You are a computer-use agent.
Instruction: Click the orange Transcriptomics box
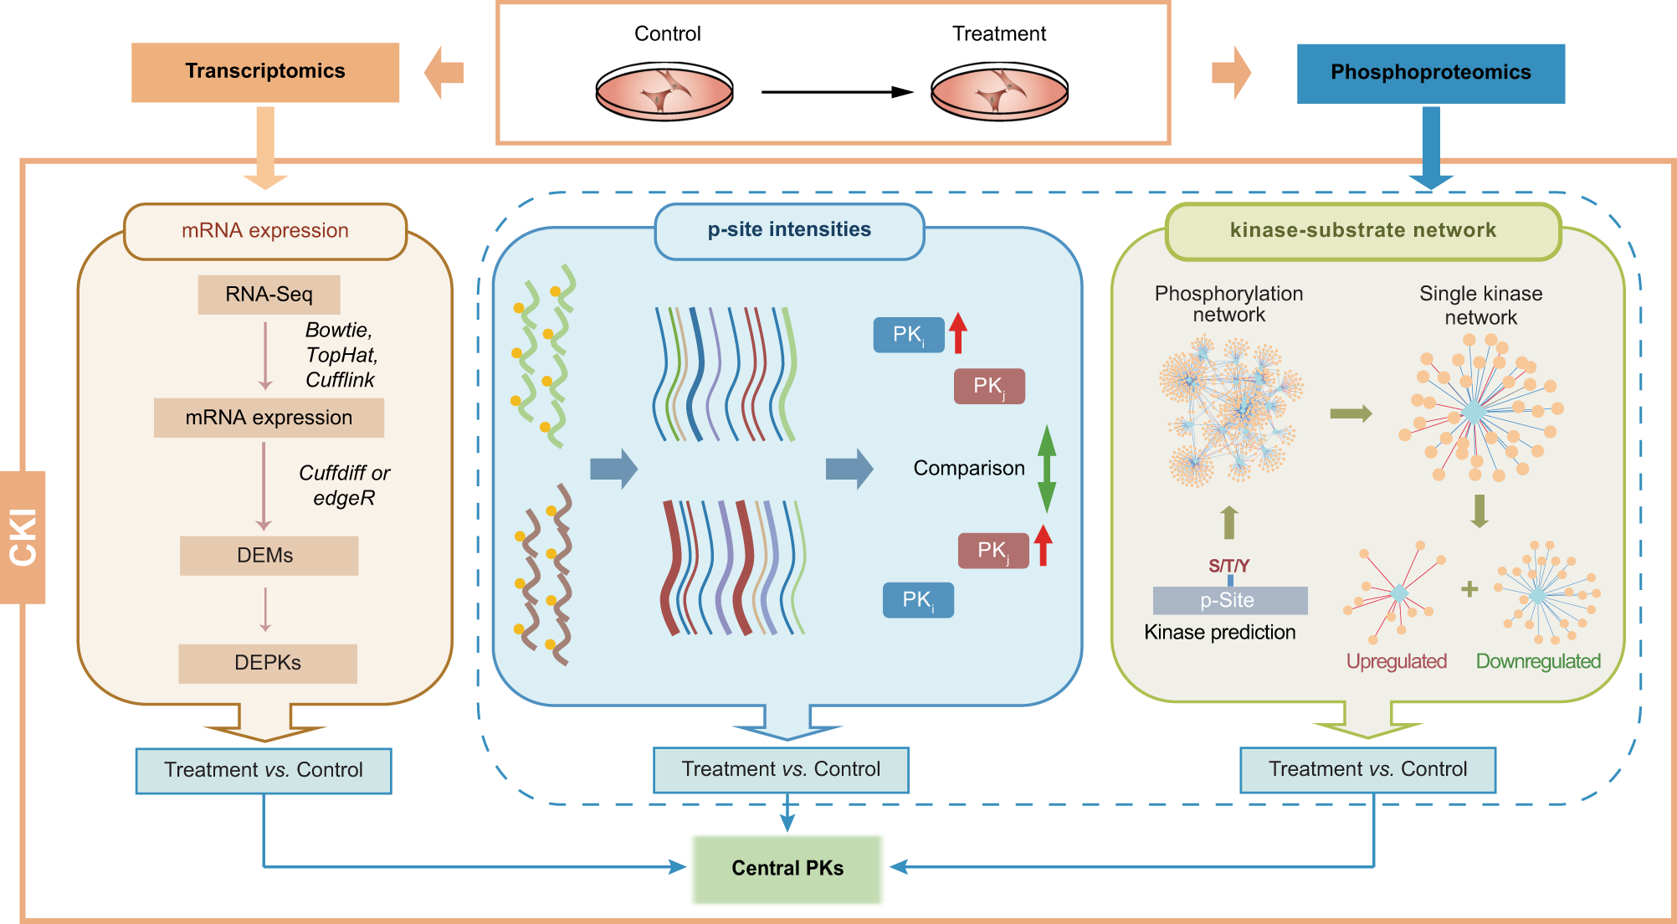(264, 72)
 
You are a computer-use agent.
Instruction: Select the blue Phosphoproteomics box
(1430, 74)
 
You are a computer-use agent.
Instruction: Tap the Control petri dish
(664, 91)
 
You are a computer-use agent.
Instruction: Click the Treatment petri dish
(999, 91)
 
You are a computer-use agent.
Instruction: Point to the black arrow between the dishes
(837, 92)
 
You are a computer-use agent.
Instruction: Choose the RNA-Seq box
(269, 295)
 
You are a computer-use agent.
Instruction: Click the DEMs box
(269, 556)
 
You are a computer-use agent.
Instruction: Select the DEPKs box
(268, 663)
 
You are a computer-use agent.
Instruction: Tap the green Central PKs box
(787, 869)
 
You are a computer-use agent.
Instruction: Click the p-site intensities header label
(789, 230)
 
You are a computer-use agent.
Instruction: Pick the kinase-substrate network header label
(1362, 231)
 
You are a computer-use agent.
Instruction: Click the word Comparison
(968, 468)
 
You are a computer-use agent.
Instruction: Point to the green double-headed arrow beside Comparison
(1046, 469)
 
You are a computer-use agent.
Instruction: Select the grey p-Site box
(1229, 600)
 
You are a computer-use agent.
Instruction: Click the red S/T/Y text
(1228, 566)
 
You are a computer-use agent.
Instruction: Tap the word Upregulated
(1396, 661)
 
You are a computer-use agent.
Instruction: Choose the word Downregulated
(1538, 661)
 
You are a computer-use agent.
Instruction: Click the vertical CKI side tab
(23, 537)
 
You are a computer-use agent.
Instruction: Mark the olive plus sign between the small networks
(1469, 589)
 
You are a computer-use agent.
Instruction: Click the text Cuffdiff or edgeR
(344, 485)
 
